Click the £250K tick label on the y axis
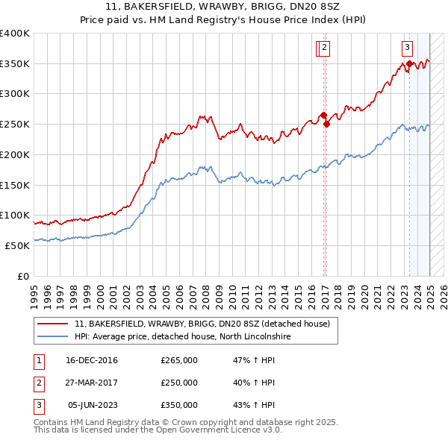(x=15, y=124)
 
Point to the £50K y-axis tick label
(x=17, y=245)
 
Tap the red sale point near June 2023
(x=409, y=64)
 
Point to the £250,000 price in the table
(x=179, y=383)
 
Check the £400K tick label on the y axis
(x=15, y=34)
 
